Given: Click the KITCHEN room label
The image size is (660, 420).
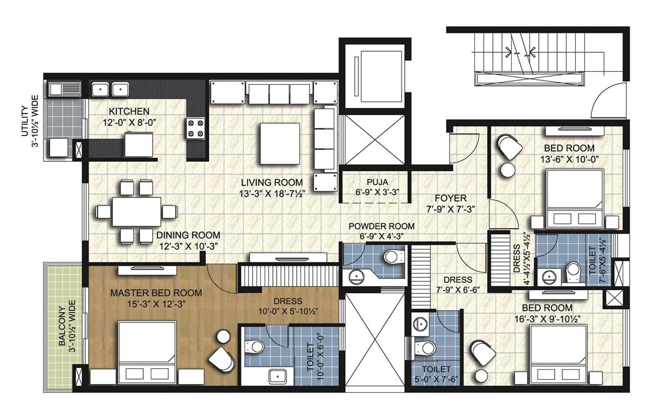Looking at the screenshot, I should click(x=129, y=111).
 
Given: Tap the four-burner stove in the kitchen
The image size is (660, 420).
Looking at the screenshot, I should click(x=196, y=128).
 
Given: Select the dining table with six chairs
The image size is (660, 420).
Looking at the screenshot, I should click(x=136, y=212).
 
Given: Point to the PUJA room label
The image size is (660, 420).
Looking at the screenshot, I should click(x=377, y=182).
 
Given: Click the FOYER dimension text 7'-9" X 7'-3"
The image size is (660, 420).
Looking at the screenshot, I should click(x=451, y=209).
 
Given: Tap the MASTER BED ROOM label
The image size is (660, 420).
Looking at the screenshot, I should click(x=156, y=293).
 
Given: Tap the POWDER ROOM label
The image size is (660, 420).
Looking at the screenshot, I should click(x=381, y=226).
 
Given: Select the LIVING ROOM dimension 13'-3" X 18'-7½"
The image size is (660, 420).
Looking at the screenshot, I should click(x=271, y=194).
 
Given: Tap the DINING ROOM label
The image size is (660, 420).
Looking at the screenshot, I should click(x=188, y=235).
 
